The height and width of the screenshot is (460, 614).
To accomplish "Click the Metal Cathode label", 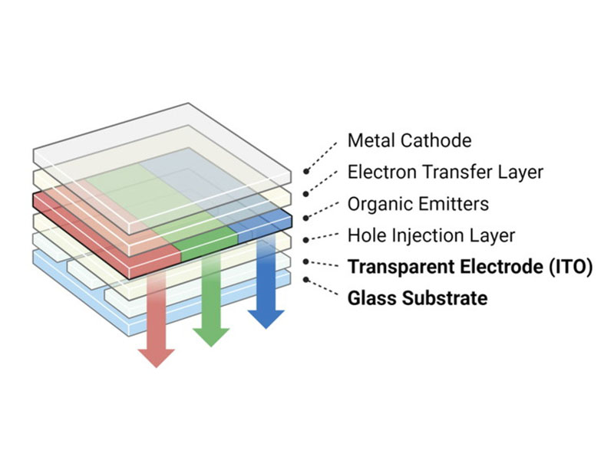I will point(409,141).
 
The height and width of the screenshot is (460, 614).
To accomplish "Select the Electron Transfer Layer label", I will point(445,172).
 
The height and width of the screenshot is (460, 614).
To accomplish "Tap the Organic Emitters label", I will point(418,204).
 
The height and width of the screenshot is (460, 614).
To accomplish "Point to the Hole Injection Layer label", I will point(431,235).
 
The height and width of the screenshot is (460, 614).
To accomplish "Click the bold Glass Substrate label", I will point(417,297).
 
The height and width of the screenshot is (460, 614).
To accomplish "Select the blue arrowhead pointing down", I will point(266,316).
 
